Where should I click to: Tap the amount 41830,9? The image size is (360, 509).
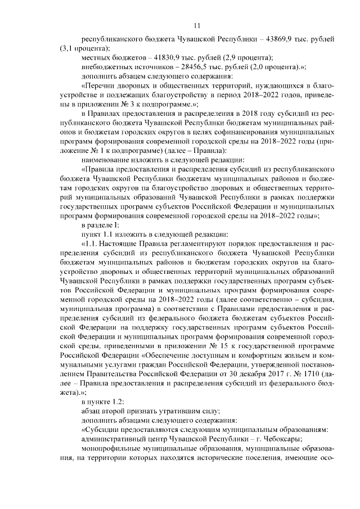point(164,58)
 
